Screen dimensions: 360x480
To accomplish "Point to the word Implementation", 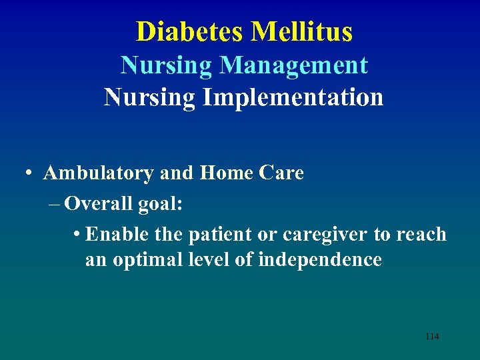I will (293, 97).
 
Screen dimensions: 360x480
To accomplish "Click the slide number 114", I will (432, 337).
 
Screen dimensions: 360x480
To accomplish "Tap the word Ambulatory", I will (99, 173).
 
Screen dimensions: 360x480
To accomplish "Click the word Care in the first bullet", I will (281, 173).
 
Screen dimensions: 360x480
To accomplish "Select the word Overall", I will (99, 204).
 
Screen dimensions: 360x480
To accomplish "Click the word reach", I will (421, 235).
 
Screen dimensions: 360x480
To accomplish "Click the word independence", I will (319, 259).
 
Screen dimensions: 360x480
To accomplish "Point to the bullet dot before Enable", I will (78, 235).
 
